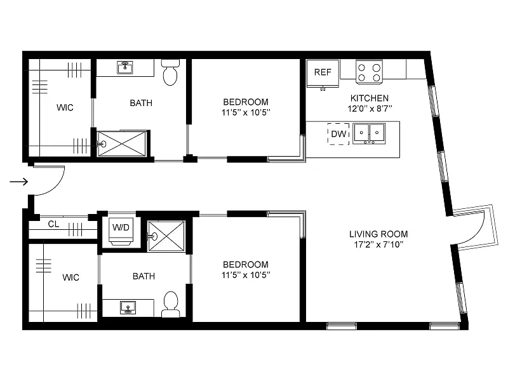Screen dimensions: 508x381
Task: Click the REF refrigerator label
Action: pyautogui.click(x=323, y=72)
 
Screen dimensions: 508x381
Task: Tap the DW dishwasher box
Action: pyautogui.click(x=338, y=134)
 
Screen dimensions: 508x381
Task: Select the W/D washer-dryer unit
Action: pyautogui.click(x=121, y=231)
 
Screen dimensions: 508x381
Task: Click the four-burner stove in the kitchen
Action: pyautogui.click(x=369, y=72)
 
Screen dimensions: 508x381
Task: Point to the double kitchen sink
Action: pyautogui.click(x=369, y=133)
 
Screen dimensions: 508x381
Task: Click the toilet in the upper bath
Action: pyautogui.click(x=170, y=72)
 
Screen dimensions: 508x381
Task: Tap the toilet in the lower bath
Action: pyautogui.click(x=170, y=304)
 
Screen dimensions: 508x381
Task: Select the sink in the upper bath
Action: pyautogui.click(x=125, y=68)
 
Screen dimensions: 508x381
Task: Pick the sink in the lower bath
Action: pyautogui.click(x=128, y=307)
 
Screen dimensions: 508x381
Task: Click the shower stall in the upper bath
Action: pyautogui.click(x=122, y=144)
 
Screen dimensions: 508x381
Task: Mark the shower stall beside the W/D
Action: pyautogui.click(x=166, y=236)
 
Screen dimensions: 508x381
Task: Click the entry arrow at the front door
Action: pyautogui.click(x=19, y=182)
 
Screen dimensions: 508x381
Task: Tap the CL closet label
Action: pyautogui.click(x=53, y=224)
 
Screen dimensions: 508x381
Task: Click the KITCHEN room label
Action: pyautogui.click(x=370, y=98)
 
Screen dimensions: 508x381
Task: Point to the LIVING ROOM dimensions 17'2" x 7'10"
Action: pyautogui.click(x=378, y=244)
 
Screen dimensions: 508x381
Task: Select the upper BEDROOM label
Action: pyautogui.click(x=246, y=102)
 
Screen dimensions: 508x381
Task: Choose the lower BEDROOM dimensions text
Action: pyautogui.click(x=246, y=275)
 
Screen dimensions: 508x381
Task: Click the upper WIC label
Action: pyautogui.click(x=65, y=107)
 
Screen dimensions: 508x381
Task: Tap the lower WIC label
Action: pyautogui.click(x=70, y=277)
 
